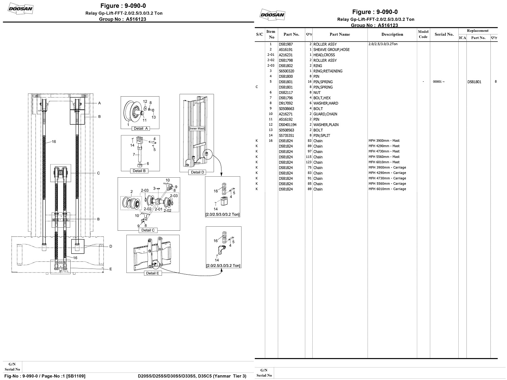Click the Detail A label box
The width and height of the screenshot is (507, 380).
(x=141, y=128)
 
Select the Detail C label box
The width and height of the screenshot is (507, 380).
(x=148, y=230)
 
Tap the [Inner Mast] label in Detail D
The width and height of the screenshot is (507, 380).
(x=197, y=129)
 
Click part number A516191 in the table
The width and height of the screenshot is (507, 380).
(x=286, y=50)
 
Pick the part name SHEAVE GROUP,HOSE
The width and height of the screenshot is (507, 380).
(x=331, y=50)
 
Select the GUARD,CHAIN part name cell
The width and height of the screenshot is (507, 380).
(x=325, y=114)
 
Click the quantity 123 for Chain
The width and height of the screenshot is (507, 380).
(x=308, y=162)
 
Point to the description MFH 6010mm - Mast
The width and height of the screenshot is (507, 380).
(x=384, y=162)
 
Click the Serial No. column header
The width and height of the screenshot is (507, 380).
(x=444, y=34)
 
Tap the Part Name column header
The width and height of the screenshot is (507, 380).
(x=340, y=34)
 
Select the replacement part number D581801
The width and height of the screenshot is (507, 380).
(x=474, y=82)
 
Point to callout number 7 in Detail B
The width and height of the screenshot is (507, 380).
(x=134, y=154)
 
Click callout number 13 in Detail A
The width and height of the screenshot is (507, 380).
(x=153, y=117)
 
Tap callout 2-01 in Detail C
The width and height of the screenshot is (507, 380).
(x=159, y=209)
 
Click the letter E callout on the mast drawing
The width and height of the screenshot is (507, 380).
(x=111, y=269)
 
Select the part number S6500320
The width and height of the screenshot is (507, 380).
(x=286, y=71)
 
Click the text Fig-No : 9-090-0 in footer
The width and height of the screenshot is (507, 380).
(x=23, y=376)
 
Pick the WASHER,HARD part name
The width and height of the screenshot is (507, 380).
(x=325, y=103)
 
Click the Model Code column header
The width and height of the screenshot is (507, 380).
(x=423, y=34)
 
